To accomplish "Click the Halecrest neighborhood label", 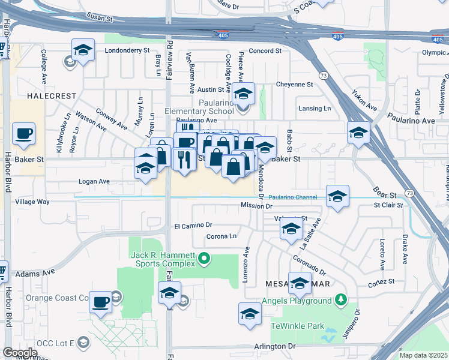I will point(51,96).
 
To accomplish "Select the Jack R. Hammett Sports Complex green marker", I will point(204,259).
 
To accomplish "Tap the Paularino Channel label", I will point(292,197).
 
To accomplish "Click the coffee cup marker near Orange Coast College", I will point(100,301).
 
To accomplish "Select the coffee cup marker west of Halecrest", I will point(23,133).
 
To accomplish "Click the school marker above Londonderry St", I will point(83,49).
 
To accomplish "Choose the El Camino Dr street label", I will point(193,226).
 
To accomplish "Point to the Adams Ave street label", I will point(35,272).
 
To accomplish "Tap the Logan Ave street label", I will point(94,181).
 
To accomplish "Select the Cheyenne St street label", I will point(294,85).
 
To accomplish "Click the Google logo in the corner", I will point(20,353).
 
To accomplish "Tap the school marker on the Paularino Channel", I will point(337,196).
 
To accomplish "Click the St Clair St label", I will point(388,205).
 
